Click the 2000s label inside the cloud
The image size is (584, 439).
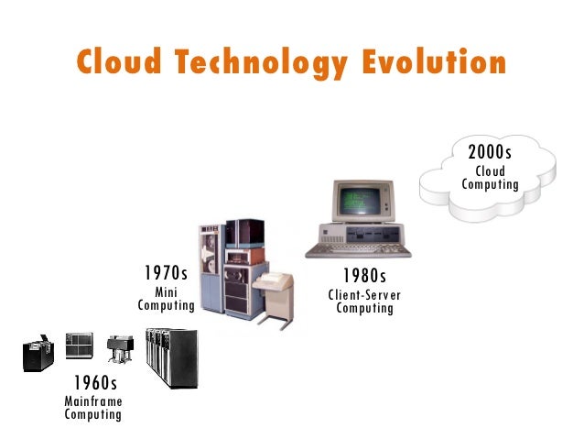pyautogui.click(x=490, y=152)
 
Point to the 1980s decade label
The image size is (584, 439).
pyautogui.click(x=364, y=275)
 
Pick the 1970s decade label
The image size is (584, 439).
pyautogui.click(x=166, y=273)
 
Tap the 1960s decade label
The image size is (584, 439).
pyautogui.click(x=94, y=382)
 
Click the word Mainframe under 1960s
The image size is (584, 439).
pyautogui.click(x=93, y=401)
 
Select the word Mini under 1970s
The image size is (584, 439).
pyautogui.click(x=166, y=291)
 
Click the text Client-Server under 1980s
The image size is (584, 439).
pyautogui.click(x=364, y=294)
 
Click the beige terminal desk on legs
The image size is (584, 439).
pyautogui.click(x=273, y=292)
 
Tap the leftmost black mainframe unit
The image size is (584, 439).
pyautogui.click(x=38, y=354)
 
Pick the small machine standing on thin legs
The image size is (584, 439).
pyautogui.click(x=116, y=349)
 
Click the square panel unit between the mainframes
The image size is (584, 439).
pyautogui.click(x=80, y=345)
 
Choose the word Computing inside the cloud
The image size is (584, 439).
pyautogui.click(x=490, y=185)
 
